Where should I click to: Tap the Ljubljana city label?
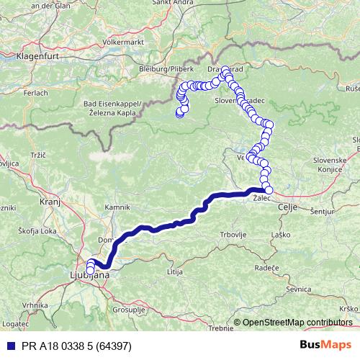click(x=89, y=276)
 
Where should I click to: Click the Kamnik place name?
click(x=117, y=208)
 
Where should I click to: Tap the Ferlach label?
click(x=30, y=93)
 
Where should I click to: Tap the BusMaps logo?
click(x=326, y=346)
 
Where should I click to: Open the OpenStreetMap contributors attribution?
click(x=297, y=323)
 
